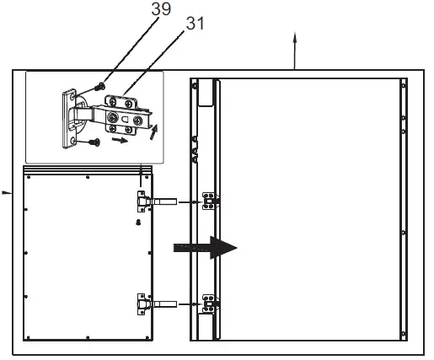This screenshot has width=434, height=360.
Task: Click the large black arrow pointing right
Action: [206, 247]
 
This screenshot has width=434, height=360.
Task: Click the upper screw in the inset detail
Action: [100, 84]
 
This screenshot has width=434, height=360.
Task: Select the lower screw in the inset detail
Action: [95, 142]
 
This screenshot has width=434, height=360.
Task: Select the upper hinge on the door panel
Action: [144, 201]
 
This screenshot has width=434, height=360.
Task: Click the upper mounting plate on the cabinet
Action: [210, 201]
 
